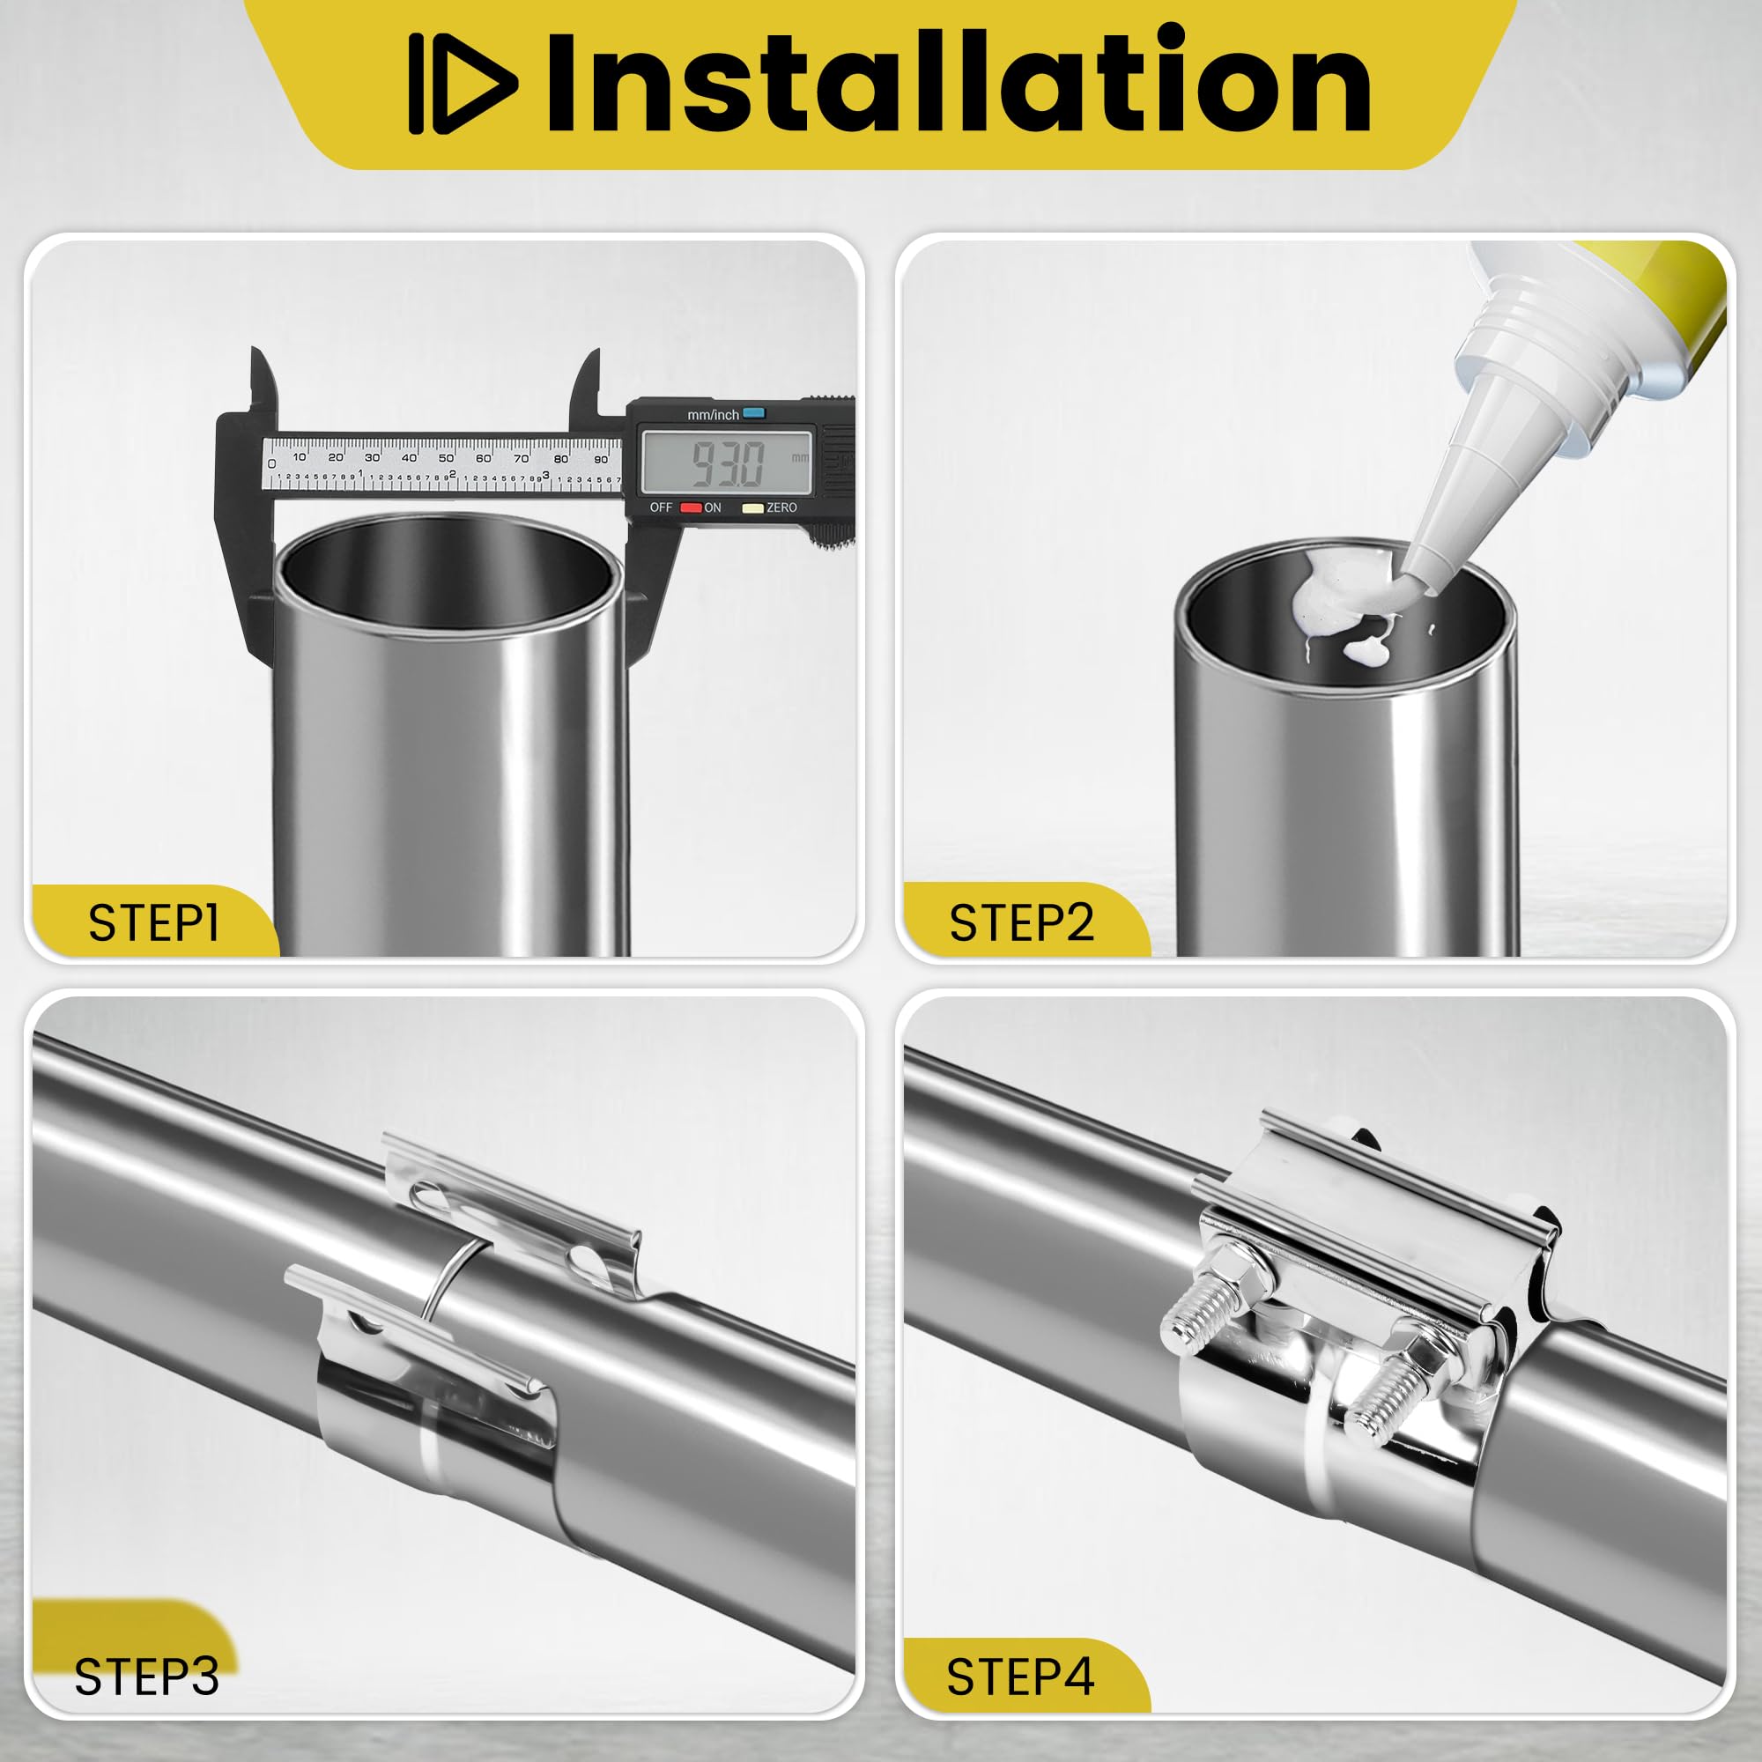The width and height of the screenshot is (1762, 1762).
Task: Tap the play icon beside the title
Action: point(463,84)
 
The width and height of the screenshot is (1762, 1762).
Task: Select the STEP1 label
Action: point(154,923)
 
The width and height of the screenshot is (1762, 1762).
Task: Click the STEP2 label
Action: point(1021,923)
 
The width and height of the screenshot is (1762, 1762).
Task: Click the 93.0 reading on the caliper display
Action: point(727,463)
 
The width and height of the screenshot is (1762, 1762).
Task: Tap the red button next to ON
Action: point(692,508)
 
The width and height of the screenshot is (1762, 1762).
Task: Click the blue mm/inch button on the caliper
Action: point(753,413)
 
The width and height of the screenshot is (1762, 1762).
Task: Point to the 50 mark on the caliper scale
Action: point(446,457)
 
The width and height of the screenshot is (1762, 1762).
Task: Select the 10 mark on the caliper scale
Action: point(300,455)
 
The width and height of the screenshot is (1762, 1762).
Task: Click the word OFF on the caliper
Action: point(663,508)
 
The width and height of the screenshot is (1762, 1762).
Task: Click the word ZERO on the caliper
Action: point(781,508)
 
